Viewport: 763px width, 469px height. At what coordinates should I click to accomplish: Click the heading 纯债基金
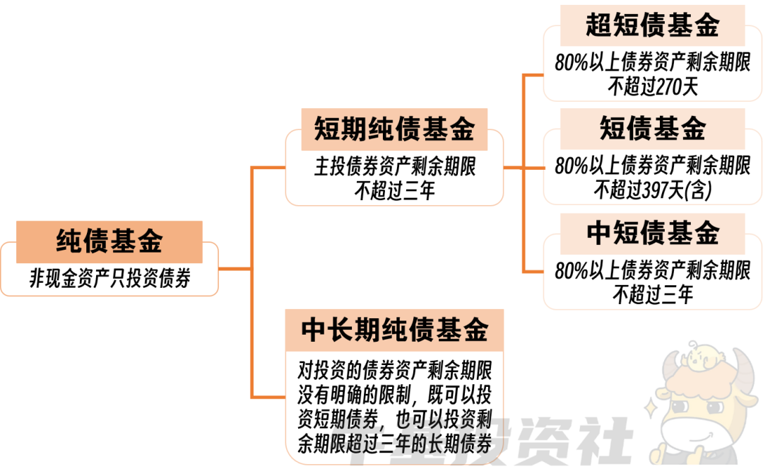click(x=110, y=241)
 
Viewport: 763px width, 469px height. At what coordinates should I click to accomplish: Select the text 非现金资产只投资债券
click(x=110, y=277)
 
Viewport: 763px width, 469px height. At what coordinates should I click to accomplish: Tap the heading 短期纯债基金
click(x=394, y=129)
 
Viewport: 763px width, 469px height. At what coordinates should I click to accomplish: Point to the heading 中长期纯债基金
click(x=394, y=330)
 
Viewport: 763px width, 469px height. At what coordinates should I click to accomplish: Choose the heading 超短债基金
click(x=652, y=25)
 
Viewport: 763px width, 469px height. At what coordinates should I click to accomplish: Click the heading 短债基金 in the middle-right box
click(x=652, y=129)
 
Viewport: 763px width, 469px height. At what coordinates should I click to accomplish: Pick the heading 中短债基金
click(x=652, y=233)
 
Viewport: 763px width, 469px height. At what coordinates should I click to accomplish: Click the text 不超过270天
click(x=652, y=87)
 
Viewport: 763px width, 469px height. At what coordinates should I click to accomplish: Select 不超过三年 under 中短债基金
click(x=652, y=294)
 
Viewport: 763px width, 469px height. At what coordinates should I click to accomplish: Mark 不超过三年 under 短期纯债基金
click(x=394, y=190)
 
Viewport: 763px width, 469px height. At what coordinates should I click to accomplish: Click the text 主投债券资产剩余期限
click(x=394, y=168)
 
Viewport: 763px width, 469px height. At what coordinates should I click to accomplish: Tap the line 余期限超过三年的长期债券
click(x=394, y=444)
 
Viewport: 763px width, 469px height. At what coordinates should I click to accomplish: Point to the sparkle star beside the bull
click(x=651, y=408)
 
